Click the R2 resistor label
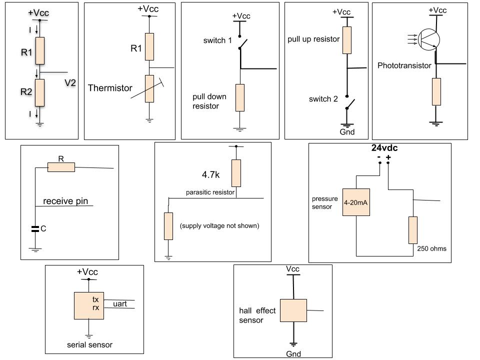26,92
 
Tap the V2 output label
70,83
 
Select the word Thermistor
110,88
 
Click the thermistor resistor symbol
149,88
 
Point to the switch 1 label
217,40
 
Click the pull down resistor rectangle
240,97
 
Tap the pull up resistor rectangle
346,40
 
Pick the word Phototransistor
404,65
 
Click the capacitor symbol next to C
35,229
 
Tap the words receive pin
65,201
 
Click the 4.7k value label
211,175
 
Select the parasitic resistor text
210,192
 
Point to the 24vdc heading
384,148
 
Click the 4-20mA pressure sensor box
356,202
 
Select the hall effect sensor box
293,310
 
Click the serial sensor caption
89,344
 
